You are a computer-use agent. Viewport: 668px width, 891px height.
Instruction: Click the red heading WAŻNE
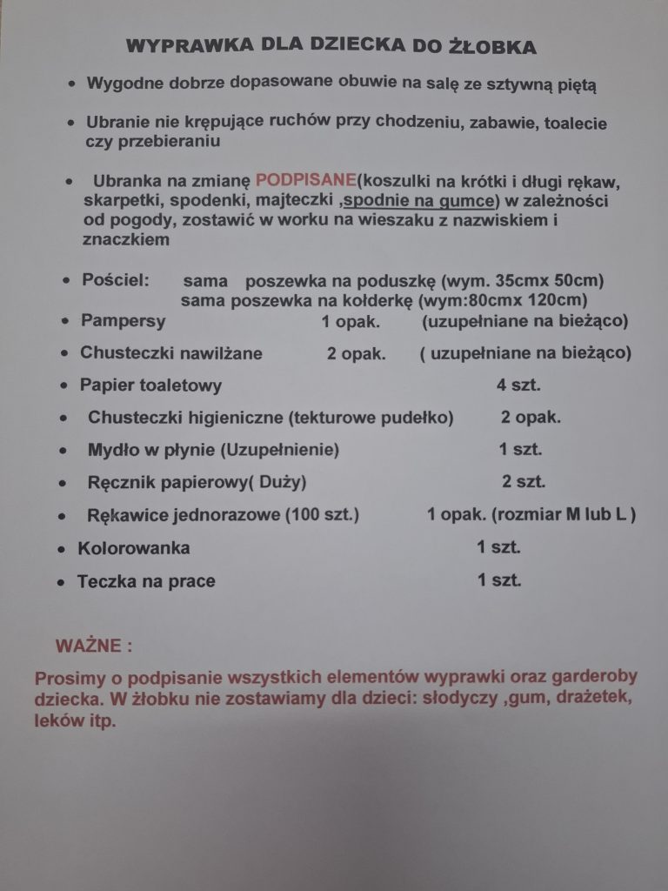(93, 646)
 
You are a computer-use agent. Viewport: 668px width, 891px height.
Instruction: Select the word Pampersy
(123, 320)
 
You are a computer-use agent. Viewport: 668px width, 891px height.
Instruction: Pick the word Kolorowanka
(133, 548)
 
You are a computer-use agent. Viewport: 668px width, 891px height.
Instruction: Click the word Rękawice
(124, 514)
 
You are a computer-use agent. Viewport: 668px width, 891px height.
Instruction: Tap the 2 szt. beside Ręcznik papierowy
(524, 481)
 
